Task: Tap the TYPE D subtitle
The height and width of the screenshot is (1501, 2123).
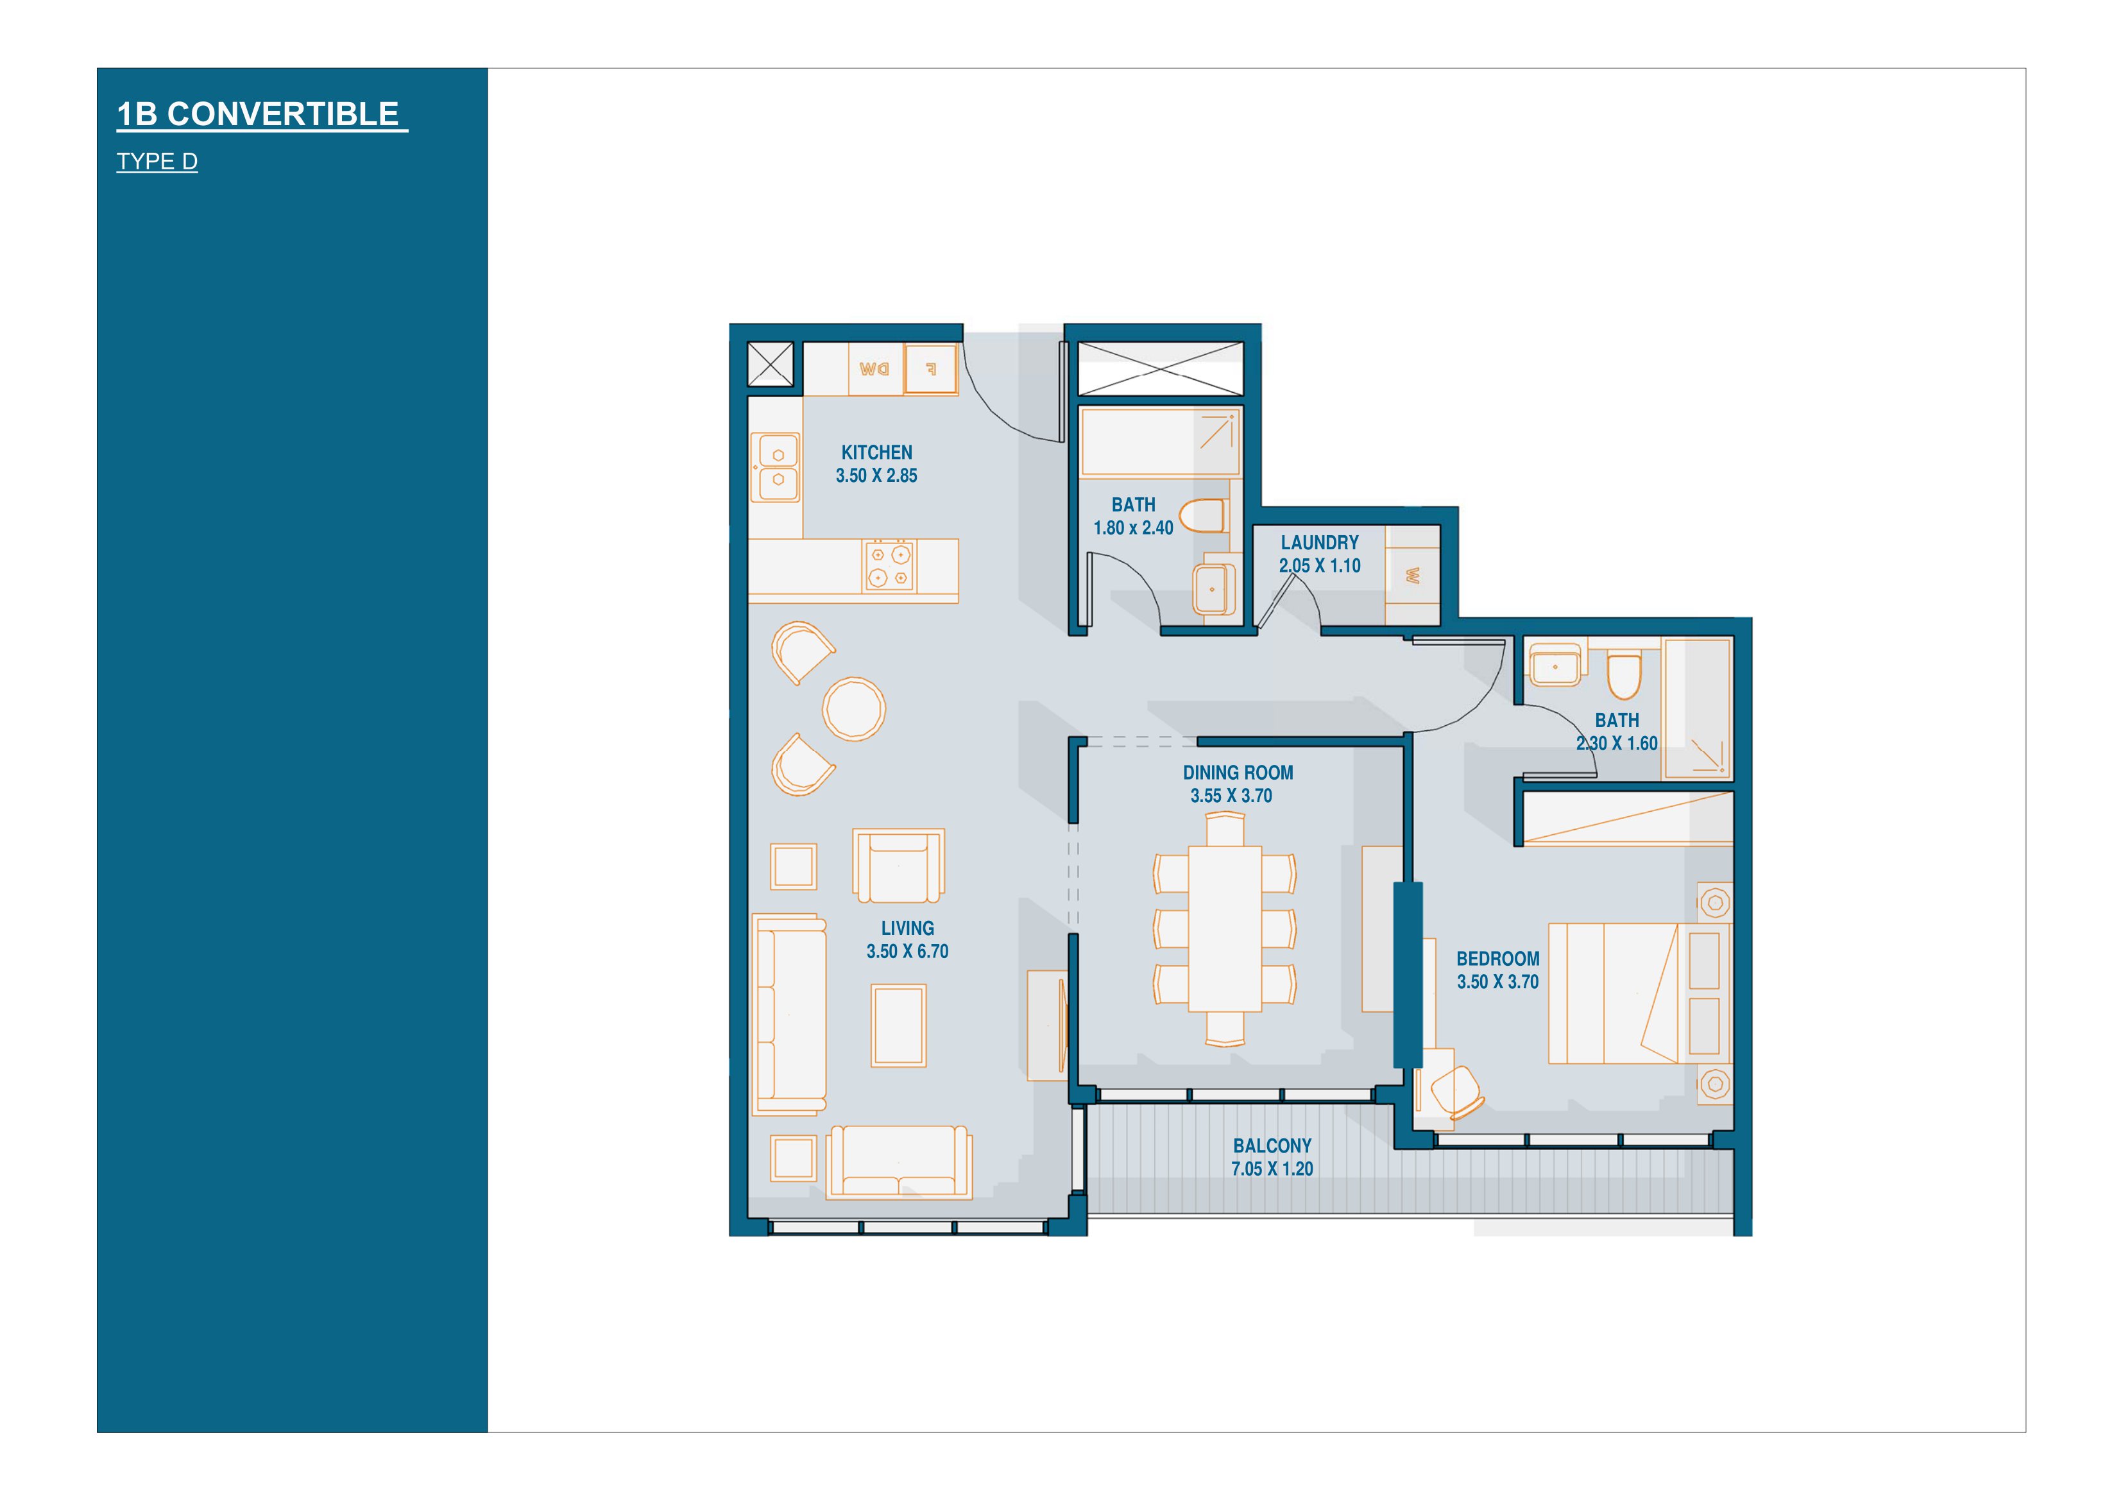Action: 157,161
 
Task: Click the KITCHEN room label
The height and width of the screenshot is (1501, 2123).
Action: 876,452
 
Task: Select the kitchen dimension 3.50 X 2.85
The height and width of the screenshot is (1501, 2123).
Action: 876,476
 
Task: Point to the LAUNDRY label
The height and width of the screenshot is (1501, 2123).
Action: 1320,542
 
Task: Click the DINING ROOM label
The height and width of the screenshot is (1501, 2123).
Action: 1238,772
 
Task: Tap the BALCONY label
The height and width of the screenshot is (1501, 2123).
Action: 1272,1145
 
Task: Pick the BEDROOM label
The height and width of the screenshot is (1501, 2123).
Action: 1498,959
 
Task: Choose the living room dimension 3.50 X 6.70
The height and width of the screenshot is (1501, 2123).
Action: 907,951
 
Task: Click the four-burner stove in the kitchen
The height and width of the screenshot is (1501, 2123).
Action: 889,566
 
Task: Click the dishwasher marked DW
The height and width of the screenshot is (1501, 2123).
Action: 874,369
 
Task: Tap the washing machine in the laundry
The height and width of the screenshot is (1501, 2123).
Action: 1412,575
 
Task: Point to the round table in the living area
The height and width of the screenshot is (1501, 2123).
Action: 853,709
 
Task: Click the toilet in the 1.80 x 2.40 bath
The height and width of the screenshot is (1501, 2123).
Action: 1203,516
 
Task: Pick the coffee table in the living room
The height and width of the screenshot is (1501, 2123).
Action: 898,1025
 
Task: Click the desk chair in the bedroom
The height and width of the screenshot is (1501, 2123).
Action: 1457,1092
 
